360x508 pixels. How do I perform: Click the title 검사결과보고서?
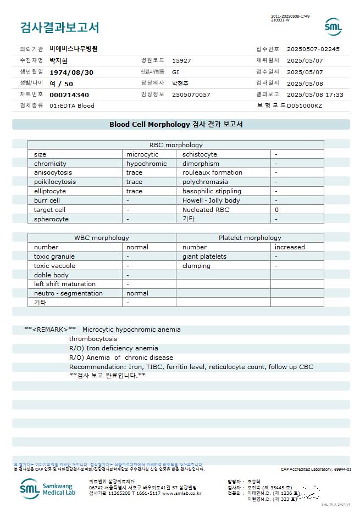coord(59,27)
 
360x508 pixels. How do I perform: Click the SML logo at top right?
coord(333,26)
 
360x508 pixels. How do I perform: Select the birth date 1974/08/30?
coord(71,72)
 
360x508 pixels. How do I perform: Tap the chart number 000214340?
coord(69,95)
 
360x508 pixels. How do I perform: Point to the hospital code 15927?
coord(181,60)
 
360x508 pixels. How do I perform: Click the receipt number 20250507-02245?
coord(313,49)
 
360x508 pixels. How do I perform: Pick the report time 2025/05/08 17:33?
coord(315,94)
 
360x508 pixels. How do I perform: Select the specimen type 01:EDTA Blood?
coord(72,105)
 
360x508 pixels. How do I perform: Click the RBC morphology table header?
coord(176,145)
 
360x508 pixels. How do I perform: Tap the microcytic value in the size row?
coord(142,154)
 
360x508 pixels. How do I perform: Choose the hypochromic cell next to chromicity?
coord(146,164)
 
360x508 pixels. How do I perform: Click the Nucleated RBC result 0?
coord(276,210)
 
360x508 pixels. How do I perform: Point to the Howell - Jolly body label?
coord(211,200)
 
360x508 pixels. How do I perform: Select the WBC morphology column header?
coord(102,238)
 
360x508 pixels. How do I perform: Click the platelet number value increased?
coord(290,247)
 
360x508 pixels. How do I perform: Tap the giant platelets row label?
coord(204,256)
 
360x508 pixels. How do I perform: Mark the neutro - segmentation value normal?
coord(137,293)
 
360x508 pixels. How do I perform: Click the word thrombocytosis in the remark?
coord(93,339)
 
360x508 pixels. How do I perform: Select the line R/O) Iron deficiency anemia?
coord(114,348)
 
